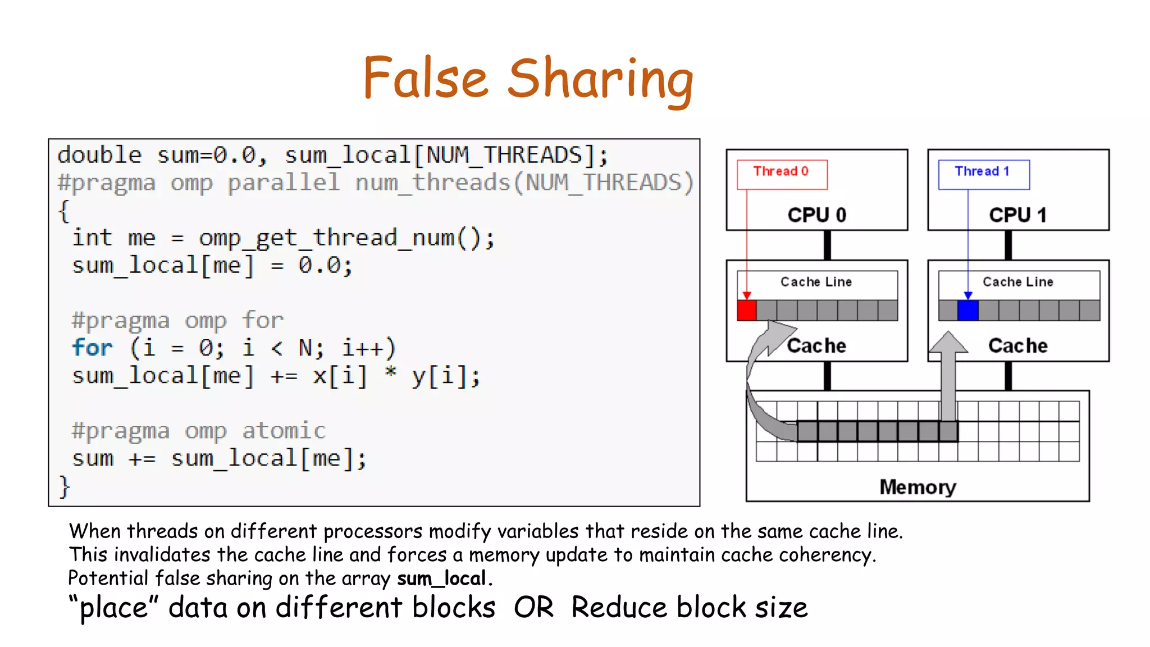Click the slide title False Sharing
pyautogui.click(x=528, y=79)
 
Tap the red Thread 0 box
pyautogui.click(x=782, y=174)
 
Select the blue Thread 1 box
pyautogui.click(x=983, y=174)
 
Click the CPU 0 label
pyautogui.click(x=816, y=215)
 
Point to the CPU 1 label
pyautogui.click(x=1017, y=215)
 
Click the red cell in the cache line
pyautogui.click(x=746, y=311)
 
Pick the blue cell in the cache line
pyautogui.click(x=968, y=311)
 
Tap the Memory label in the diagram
pyautogui.click(x=918, y=487)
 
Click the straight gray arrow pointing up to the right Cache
pyautogui.click(x=948, y=376)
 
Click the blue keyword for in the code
pyautogui.click(x=93, y=348)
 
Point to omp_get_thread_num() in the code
pyautogui.click(x=346, y=238)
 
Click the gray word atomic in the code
pyautogui.click(x=284, y=431)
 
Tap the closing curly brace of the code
pyautogui.click(x=64, y=486)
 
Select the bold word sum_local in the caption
pyautogui.click(x=441, y=578)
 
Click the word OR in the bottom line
pyautogui.click(x=533, y=608)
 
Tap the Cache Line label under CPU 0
pyautogui.click(x=816, y=282)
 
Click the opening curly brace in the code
pyautogui.click(x=63, y=211)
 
